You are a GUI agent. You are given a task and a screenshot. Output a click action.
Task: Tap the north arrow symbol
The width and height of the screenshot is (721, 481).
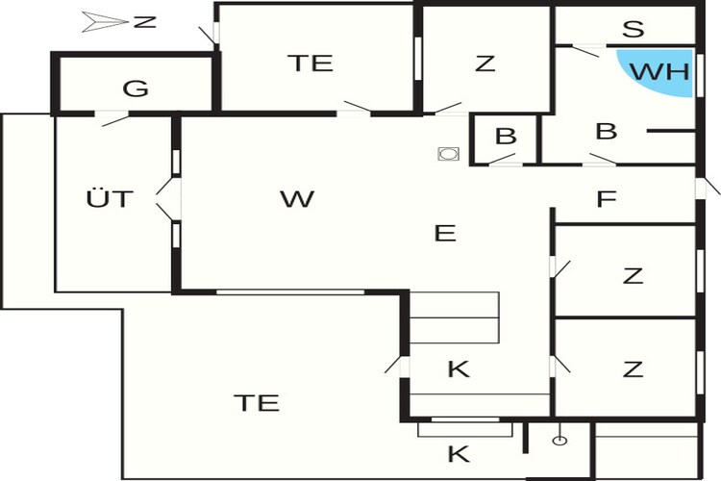point(105,21)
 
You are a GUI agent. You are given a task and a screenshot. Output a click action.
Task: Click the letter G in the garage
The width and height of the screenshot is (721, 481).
point(136,89)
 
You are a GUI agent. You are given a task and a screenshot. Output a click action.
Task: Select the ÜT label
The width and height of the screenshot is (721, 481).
point(110,198)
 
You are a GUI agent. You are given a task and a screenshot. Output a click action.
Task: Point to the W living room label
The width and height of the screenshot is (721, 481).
point(297,199)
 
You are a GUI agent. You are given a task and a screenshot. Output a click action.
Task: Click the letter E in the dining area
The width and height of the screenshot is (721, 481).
point(445,234)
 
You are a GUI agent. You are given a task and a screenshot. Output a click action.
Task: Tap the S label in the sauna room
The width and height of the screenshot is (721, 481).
point(634,29)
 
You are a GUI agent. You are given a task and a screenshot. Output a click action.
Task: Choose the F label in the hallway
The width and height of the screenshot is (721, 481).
point(606,199)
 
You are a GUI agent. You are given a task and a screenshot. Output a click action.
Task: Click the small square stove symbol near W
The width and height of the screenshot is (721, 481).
point(448,153)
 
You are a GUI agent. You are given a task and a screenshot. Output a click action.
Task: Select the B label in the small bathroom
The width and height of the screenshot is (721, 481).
point(506,137)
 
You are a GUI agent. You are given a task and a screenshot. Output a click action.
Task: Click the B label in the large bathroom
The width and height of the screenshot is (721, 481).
point(606,131)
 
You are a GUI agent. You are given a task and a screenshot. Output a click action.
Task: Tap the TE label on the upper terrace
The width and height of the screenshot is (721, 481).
point(311,63)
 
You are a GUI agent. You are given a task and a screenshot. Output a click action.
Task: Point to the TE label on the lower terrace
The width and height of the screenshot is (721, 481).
point(257,403)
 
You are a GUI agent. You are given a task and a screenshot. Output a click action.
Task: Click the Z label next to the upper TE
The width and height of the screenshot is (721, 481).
point(485,63)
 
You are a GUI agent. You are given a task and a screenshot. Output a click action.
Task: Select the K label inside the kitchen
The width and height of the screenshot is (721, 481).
point(459,368)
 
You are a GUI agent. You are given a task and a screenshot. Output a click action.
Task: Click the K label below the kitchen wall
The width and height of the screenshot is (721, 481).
point(459,454)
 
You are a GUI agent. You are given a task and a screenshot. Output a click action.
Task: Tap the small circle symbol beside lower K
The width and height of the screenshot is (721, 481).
point(559,441)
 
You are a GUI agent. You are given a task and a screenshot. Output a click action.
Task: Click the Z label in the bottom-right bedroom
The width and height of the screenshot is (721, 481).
point(633,369)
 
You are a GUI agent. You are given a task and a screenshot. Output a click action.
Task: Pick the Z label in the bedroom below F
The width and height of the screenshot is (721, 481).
point(633,276)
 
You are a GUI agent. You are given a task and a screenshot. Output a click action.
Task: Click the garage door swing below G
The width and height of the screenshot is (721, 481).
point(115,120)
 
